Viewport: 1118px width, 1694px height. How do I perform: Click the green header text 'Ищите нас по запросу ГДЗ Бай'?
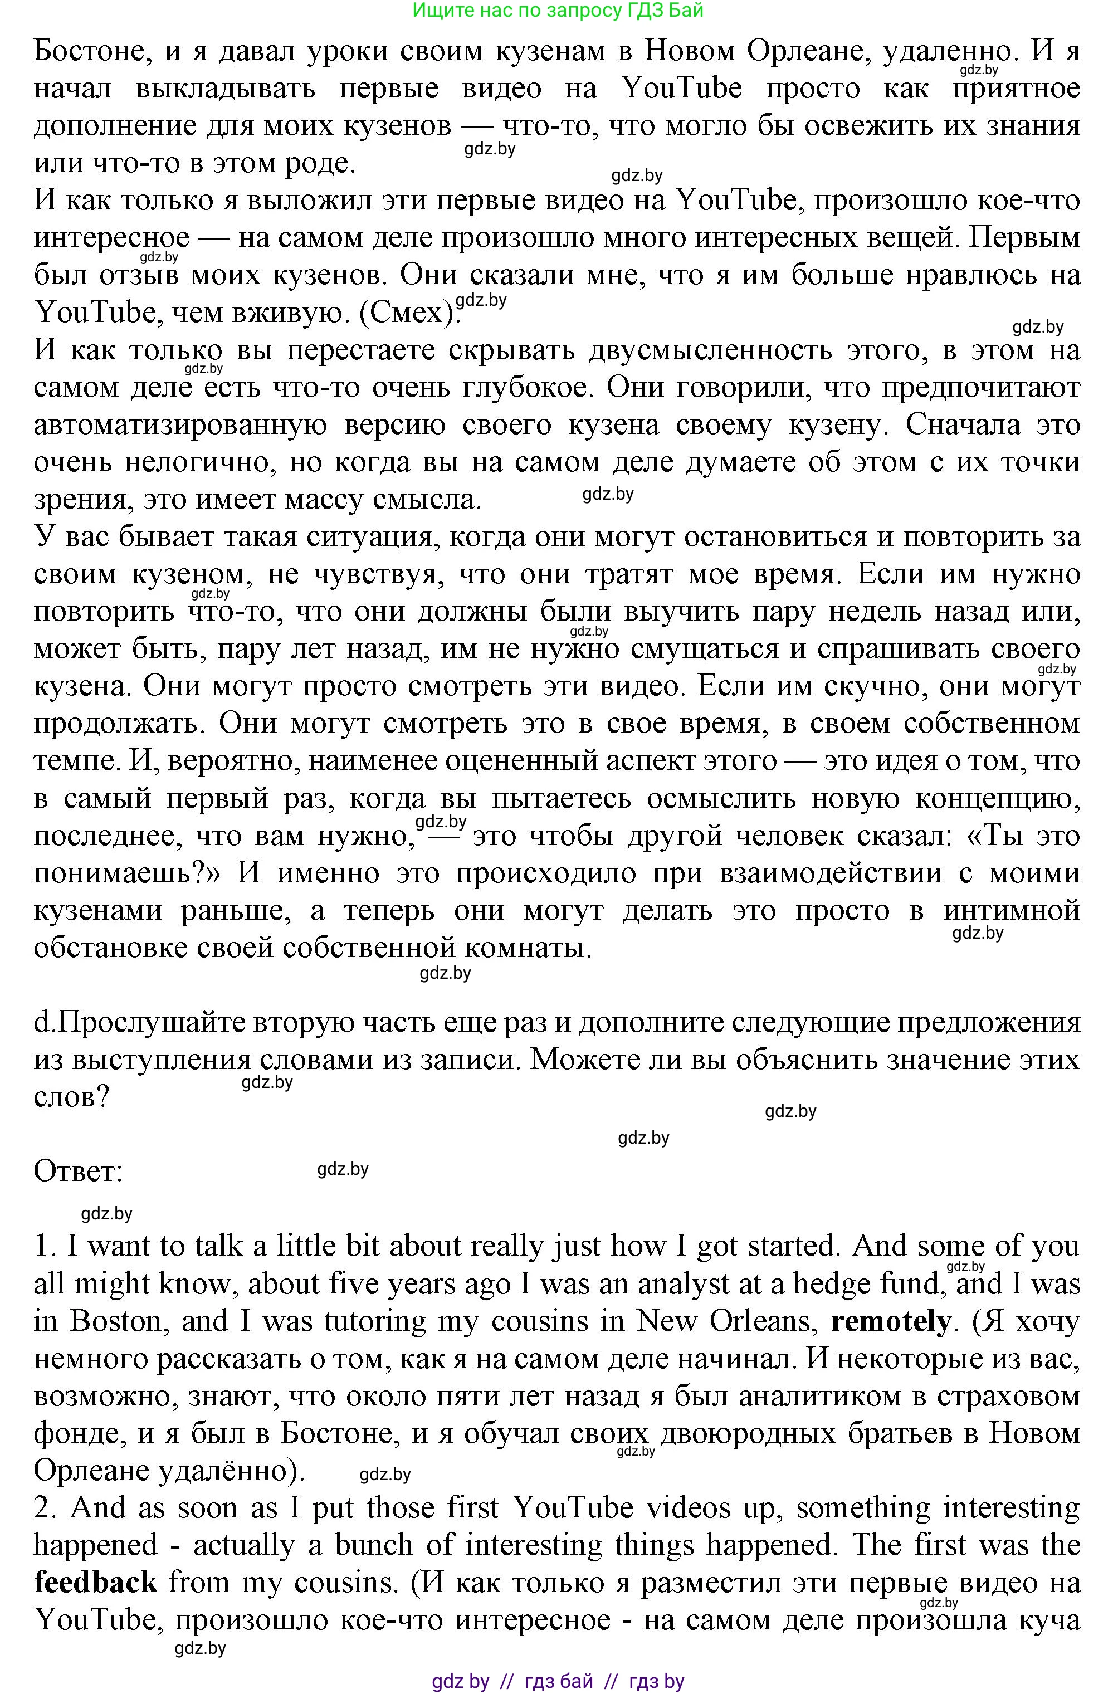558,10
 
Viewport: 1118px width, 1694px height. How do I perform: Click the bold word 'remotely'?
891,1322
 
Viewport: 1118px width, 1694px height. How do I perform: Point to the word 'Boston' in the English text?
119,1322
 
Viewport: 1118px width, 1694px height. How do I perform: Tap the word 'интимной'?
1011,911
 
